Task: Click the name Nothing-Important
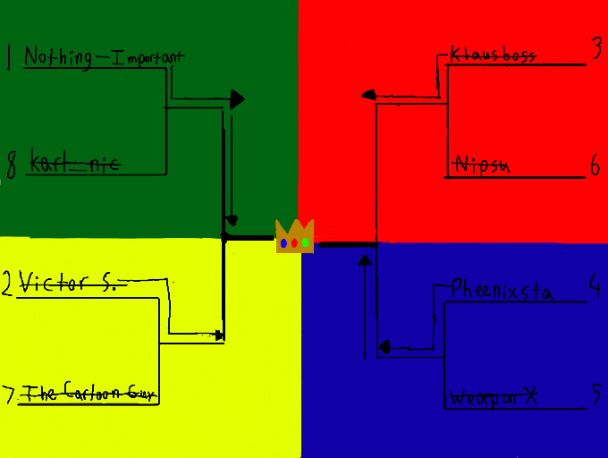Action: click(x=104, y=57)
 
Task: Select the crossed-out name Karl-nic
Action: click(x=75, y=164)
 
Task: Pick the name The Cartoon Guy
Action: click(x=85, y=393)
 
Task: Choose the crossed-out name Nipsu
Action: click(x=482, y=164)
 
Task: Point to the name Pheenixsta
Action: click(x=502, y=291)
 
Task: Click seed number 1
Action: click(x=9, y=58)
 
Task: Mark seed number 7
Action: click(x=9, y=394)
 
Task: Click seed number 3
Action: click(x=596, y=50)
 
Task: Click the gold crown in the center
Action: click(x=294, y=237)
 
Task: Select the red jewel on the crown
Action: click(x=295, y=243)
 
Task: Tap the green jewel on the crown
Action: click(x=306, y=242)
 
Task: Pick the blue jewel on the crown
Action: click(x=283, y=242)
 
